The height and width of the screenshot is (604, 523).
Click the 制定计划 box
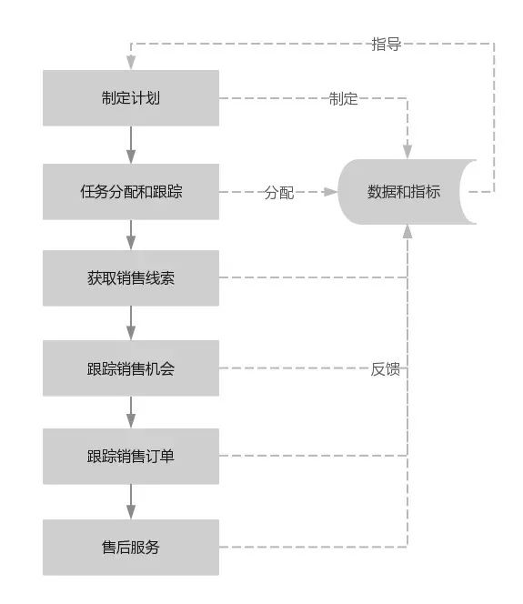tap(131, 98)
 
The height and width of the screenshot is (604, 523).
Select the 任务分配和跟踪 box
tap(131, 191)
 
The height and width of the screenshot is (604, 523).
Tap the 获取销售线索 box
tap(131, 277)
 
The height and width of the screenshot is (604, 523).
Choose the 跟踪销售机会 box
tap(131, 367)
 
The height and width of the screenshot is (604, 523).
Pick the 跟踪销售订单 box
tap(131, 456)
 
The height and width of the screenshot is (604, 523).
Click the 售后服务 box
tap(131, 547)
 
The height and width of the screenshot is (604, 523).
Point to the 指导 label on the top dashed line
tap(387, 44)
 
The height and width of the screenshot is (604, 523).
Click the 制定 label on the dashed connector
tap(343, 98)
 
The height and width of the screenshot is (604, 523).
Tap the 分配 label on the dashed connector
tap(279, 192)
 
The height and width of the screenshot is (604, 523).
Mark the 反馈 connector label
tap(385, 368)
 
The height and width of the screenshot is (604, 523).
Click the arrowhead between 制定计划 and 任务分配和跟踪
tap(131, 156)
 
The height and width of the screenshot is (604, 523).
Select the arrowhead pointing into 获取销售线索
tap(131, 244)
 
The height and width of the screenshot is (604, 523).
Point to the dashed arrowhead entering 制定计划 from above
tap(131, 63)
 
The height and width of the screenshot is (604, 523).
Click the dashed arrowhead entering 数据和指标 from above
tap(407, 152)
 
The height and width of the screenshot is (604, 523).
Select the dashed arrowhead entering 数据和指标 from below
tap(407, 231)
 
